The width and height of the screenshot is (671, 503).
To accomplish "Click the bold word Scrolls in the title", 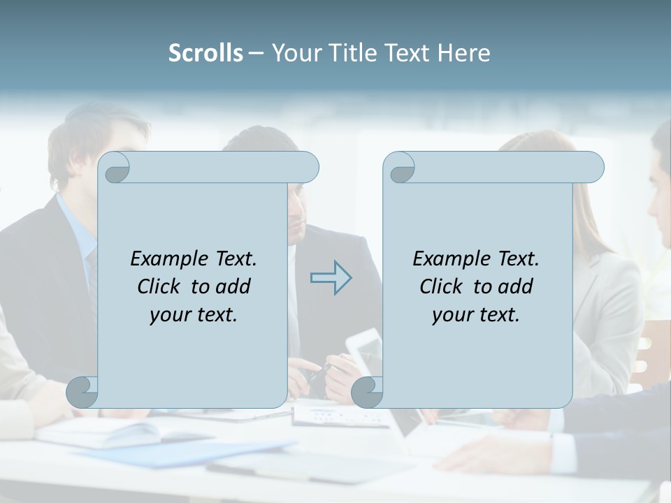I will (205, 52).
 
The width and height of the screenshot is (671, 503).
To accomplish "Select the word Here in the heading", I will (464, 52).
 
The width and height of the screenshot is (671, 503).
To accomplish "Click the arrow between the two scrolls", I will (331, 278).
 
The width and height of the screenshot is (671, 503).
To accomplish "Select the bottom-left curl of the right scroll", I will (368, 392).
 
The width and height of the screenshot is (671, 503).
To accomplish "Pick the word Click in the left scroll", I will (160, 286).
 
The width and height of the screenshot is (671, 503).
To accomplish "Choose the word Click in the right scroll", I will (442, 286).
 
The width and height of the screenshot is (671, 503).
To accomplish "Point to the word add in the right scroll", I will (516, 286).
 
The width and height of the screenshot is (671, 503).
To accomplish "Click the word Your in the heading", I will (293, 52).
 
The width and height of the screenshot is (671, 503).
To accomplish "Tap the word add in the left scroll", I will (233, 286).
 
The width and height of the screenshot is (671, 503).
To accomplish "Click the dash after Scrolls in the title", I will (256, 53).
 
